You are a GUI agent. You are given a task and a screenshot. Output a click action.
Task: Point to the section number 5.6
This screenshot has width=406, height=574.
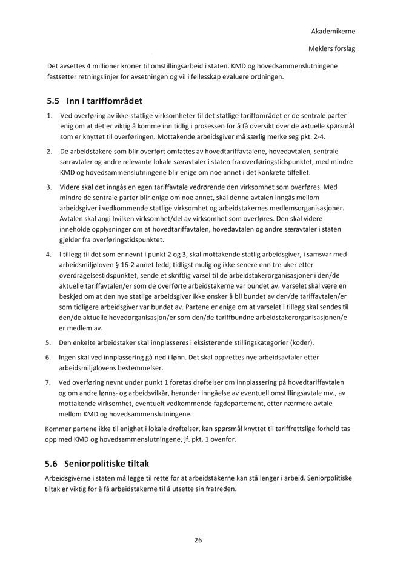point(52,464)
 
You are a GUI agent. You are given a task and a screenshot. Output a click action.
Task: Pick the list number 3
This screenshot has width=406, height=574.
point(48,187)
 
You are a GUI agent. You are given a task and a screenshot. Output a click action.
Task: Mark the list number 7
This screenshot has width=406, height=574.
point(48,382)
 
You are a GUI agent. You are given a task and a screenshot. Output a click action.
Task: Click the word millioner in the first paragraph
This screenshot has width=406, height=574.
point(107,65)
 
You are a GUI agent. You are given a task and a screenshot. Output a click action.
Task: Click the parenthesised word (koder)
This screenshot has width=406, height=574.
point(299,342)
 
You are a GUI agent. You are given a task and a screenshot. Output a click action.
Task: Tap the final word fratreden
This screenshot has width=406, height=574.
point(216,489)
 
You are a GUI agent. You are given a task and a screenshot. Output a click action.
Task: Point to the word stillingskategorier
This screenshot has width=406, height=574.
point(251,342)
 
